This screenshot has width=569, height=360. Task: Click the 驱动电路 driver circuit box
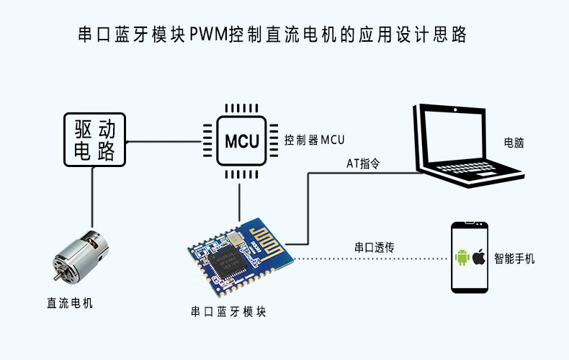coord(94,140)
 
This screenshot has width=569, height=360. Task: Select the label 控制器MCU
coord(315,140)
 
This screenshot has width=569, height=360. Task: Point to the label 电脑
coord(514,143)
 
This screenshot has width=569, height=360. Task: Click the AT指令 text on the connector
coord(363,164)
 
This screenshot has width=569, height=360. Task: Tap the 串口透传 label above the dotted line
coord(374,248)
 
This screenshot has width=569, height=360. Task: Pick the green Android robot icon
coord(462,257)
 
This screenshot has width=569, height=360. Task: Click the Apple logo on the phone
coord(479,257)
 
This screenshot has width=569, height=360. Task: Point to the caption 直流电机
coord(70,303)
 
